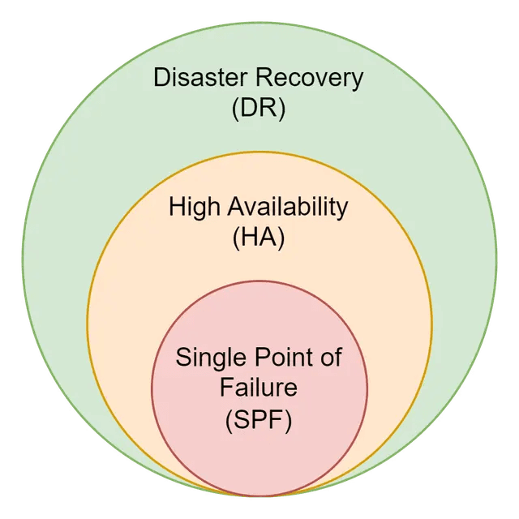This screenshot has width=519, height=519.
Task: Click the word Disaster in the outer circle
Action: pos(201,79)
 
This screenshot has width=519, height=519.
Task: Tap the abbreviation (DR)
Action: pos(259,109)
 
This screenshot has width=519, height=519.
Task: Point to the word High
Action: pos(192,207)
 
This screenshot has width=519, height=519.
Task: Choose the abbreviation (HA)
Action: pos(259,238)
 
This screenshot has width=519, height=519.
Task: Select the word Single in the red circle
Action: pos(208,357)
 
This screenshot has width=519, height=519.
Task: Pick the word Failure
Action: pos(259,388)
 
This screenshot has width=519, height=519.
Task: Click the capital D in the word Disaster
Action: pos(161,79)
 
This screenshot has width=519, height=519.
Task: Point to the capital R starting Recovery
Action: pos(262,79)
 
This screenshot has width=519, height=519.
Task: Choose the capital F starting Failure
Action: pos(226,388)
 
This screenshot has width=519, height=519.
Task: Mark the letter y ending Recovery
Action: pos(357,81)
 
